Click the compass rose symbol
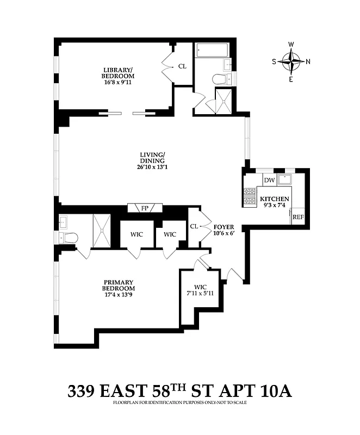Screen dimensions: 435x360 tap(293, 61)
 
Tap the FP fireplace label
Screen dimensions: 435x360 tap(145, 208)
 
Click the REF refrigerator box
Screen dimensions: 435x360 tap(298, 217)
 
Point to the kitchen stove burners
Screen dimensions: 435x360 tap(250, 197)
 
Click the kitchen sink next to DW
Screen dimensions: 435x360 tap(285, 179)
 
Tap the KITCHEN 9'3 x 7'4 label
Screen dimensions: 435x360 tap(274, 202)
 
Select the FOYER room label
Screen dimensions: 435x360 tap(224, 227)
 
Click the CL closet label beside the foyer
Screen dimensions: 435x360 tap(194, 226)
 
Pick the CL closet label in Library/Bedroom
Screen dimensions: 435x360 tap(182, 66)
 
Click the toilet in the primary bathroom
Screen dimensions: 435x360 tap(69, 238)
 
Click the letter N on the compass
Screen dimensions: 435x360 tap(308, 61)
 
